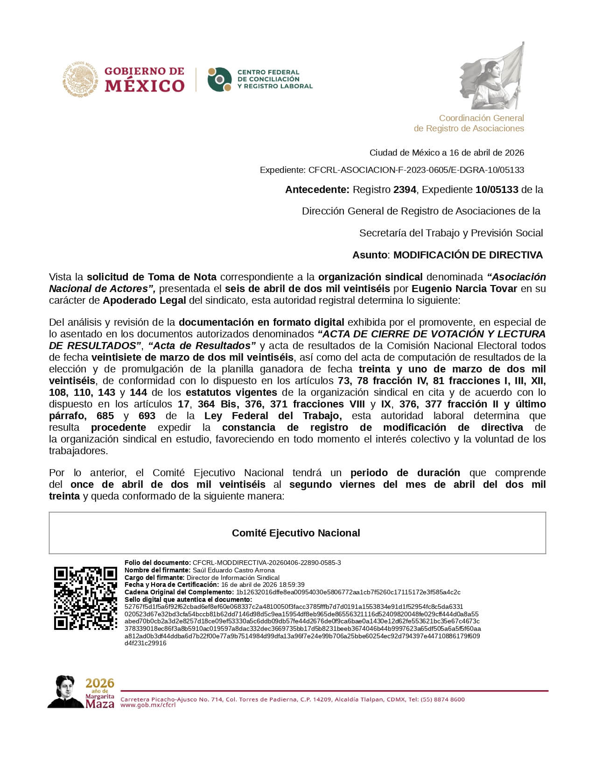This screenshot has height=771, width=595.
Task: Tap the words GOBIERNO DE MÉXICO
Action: pos(144,80)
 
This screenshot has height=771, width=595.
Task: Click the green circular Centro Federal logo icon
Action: pos(220,79)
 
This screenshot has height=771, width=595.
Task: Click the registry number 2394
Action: pos(405,190)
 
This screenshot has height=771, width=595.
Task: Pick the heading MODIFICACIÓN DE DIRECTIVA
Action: pos(468,255)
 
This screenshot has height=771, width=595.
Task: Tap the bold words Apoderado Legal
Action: pos(144,300)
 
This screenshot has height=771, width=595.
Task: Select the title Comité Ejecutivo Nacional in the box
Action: pos(296,533)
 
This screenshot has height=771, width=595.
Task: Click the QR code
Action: pos(85,598)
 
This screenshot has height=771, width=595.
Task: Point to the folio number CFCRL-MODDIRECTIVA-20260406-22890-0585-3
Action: pos(266,563)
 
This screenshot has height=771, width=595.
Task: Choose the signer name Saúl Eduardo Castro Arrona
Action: pos(233,570)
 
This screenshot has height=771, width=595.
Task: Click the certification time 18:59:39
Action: pos(292,585)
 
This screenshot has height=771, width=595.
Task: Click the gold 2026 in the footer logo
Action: pos(100,684)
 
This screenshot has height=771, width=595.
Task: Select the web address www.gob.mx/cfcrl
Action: pos(148,705)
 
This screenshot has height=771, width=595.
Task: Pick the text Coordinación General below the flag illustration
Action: pos(481,118)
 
